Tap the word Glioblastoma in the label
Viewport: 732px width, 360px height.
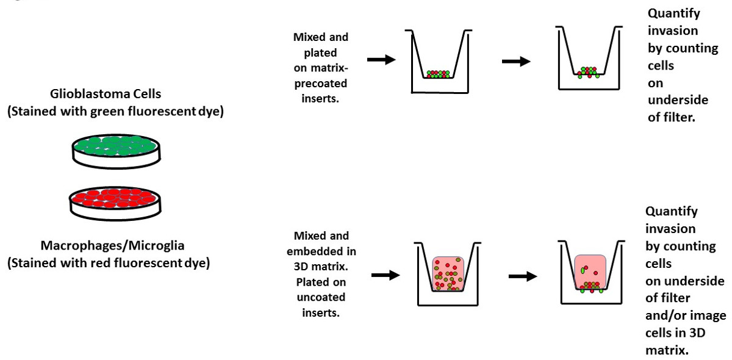tap(80, 96)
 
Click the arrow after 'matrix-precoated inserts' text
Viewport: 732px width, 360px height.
tap(381, 60)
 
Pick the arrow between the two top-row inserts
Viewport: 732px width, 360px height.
tap(515, 61)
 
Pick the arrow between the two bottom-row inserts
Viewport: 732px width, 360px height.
tap(523, 276)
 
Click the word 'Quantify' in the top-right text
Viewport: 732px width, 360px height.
tap(673, 13)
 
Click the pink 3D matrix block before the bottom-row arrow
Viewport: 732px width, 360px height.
tap(449, 273)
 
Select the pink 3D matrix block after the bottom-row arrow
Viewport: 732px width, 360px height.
tap(589, 269)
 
